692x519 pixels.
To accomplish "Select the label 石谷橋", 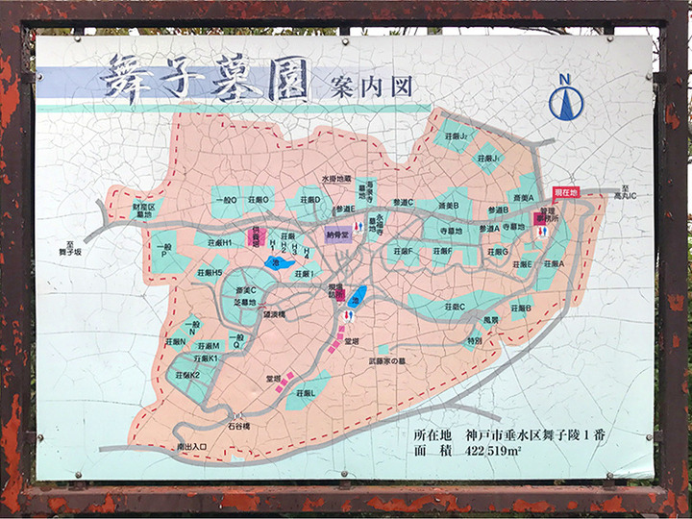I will point(238,425).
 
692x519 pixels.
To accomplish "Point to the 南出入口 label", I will point(192,446).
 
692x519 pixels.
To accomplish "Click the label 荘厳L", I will point(305,393).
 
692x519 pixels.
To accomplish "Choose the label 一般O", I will point(227,199).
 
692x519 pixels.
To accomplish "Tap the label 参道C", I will point(403,203).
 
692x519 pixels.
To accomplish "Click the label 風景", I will point(490,318).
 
